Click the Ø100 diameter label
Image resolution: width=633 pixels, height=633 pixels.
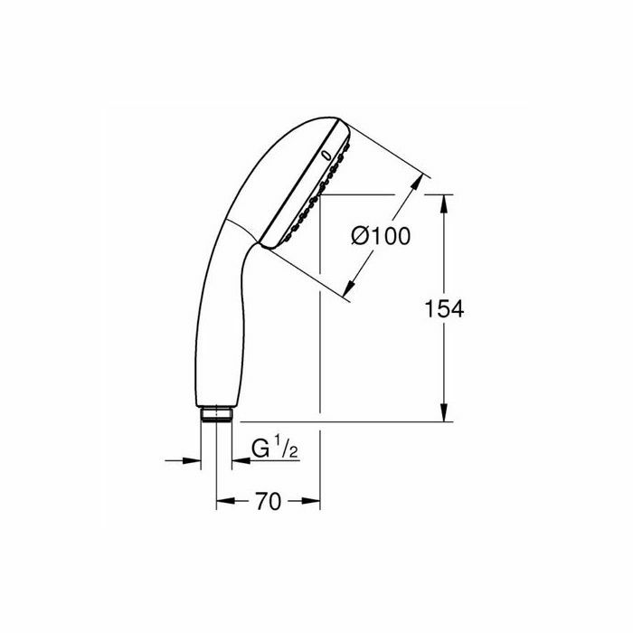[x=381, y=236]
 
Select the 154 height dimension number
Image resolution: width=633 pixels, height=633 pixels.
[x=444, y=309]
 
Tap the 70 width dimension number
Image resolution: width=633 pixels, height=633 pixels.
[x=268, y=501]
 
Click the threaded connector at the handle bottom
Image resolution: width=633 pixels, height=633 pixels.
[x=216, y=414]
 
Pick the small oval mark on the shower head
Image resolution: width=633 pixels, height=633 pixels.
[x=326, y=156]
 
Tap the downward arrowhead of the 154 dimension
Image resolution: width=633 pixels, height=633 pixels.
[x=444, y=412]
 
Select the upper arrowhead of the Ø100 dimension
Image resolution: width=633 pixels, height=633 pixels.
[x=417, y=182]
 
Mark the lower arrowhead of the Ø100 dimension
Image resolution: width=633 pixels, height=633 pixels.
[x=350, y=287]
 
